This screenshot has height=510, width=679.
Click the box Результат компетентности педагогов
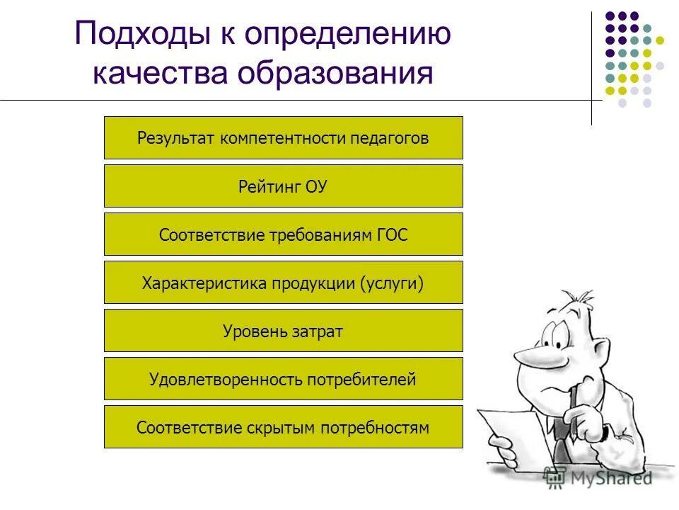point(283,138)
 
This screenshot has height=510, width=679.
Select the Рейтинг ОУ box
point(283,186)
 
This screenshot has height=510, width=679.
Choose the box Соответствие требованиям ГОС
point(283,234)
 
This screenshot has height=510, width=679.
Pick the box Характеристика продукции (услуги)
point(283,283)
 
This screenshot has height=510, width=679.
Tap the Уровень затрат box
point(283,331)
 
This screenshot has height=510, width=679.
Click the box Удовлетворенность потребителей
point(283,379)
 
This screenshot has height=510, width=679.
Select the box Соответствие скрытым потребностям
point(283,427)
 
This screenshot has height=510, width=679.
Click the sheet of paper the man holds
point(506,436)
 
